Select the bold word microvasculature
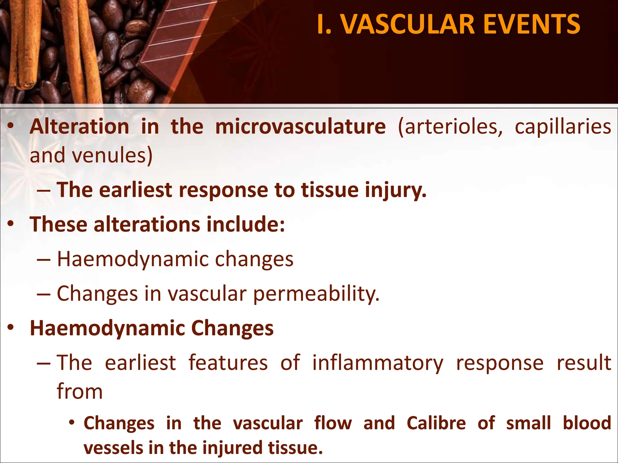click(x=300, y=127)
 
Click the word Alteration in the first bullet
click(x=79, y=127)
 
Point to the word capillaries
click(x=563, y=127)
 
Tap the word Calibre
click(x=436, y=423)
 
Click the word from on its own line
click(x=80, y=391)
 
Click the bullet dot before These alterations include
click(x=11, y=224)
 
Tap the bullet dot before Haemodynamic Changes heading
click(x=11, y=328)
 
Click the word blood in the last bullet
click(x=587, y=423)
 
